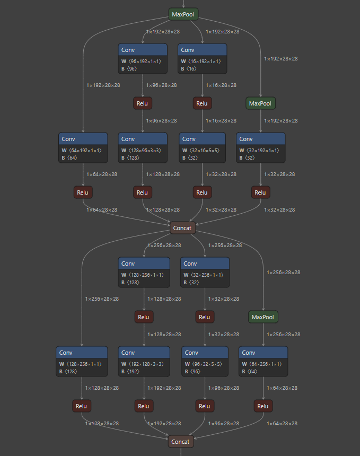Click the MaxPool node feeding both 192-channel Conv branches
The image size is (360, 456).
pos(183,14)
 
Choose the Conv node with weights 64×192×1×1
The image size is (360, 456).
pos(83,147)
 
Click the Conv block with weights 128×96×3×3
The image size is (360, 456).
pos(142,147)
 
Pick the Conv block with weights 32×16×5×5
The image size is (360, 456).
pos(203,147)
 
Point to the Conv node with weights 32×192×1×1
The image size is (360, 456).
pos(260,147)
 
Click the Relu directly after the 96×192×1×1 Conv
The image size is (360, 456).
pos(142,103)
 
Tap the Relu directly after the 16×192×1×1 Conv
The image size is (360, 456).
pos(202,103)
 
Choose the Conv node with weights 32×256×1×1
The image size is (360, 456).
pos(205,271)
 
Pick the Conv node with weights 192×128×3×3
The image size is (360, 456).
pos(144,361)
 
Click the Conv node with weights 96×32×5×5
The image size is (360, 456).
pos(205,361)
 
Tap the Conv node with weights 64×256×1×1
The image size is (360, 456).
pos(263,361)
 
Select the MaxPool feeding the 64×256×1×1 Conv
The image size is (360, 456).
pos(263,317)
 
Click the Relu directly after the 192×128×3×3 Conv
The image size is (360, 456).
pos(144,407)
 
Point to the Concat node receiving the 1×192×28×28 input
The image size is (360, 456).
pos(181,441)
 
